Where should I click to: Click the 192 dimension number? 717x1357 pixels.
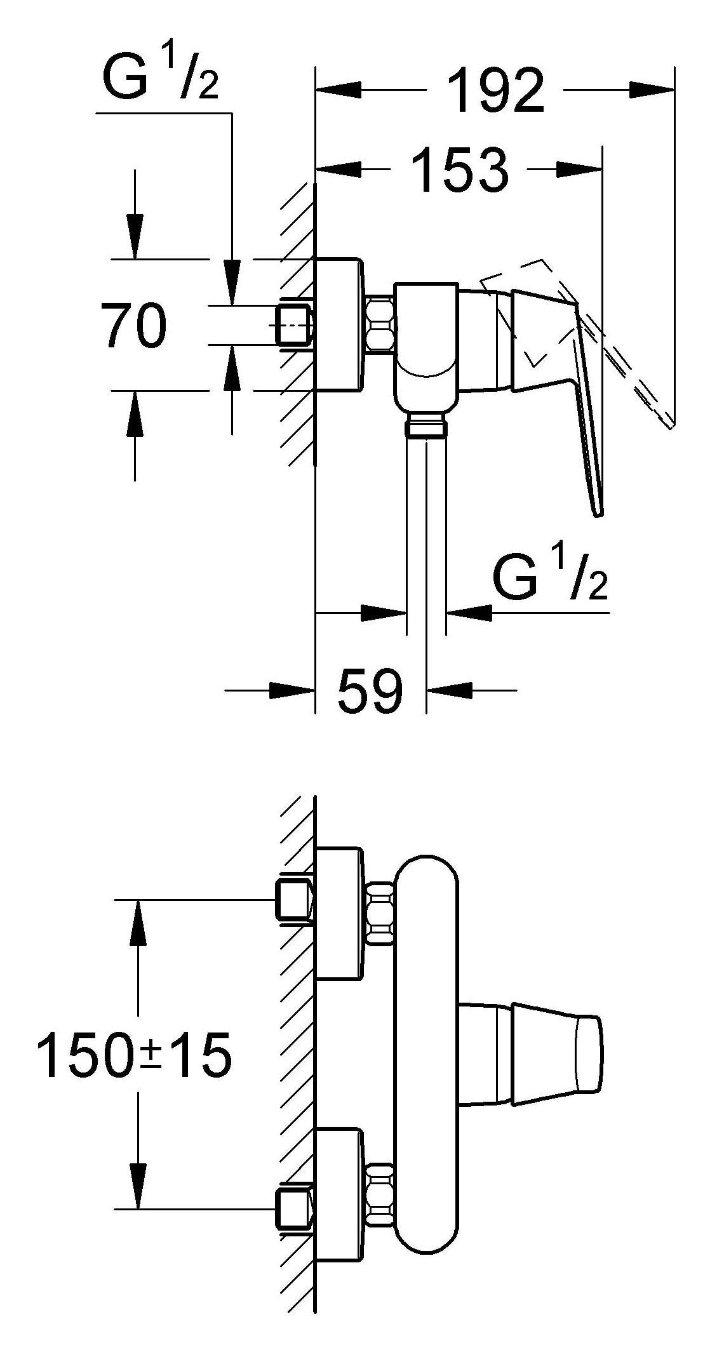pyautogui.click(x=496, y=90)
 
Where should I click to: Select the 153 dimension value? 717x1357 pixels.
pyautogui.click(x=460, y=169)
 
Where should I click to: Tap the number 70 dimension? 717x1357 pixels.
pyautogui.click(x=133, y=324)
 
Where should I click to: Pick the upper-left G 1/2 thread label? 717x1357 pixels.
pyautogui.click(x=159, y=76)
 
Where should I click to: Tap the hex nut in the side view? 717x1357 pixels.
pyautogui.click(x=380, y=324)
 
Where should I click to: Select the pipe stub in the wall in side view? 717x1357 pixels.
pyautogui.click(x=294, y=324)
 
